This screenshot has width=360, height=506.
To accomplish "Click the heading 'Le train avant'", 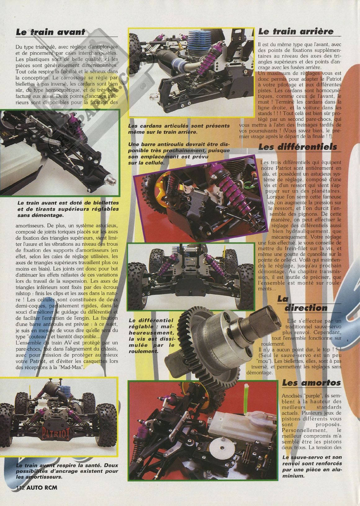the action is click(51, 32).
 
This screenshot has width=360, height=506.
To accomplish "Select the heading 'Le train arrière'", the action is click(296, 31).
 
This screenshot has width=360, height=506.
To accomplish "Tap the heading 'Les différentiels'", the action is click(298, 147).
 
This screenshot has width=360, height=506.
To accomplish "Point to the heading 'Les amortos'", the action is click(311, 383).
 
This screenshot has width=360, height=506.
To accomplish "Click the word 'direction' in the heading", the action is click(306, 308).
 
